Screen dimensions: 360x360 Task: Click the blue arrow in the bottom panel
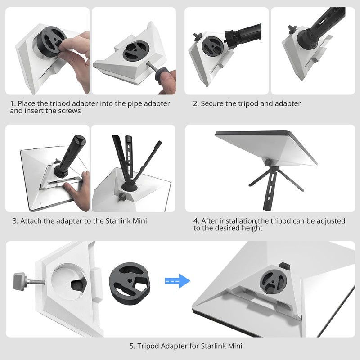[x=178, y=281]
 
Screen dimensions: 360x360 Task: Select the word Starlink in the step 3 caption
[x=118, y=221]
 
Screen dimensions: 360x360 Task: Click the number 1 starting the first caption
[x=12, y=104]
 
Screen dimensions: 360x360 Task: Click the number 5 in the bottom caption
[x=132, y=346]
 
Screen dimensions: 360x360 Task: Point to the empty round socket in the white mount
[x=69, y=282]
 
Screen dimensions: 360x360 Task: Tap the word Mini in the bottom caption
[x=235, y=346]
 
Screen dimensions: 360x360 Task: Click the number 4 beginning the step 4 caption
[x=196, y=221]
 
